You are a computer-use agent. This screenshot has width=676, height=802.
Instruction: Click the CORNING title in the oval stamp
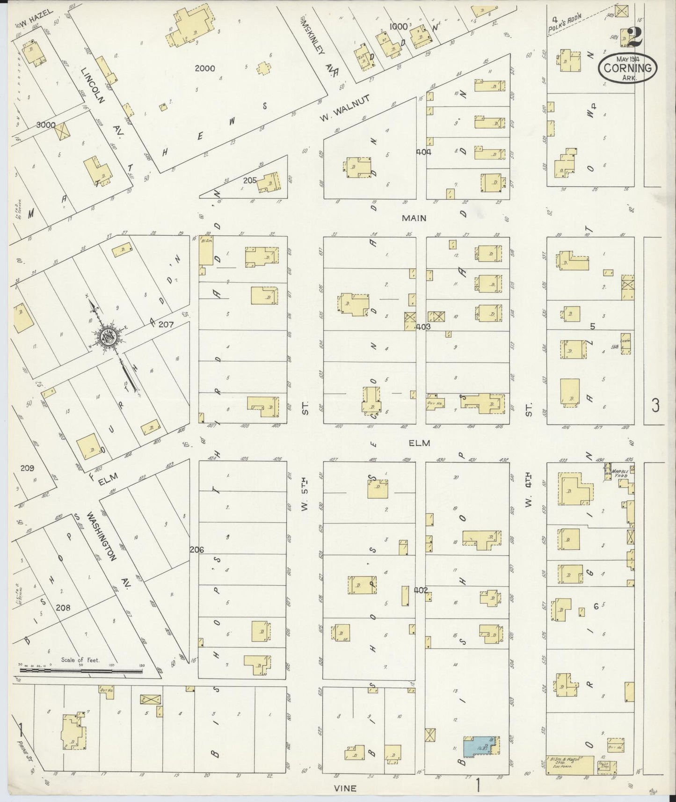coord(627,68)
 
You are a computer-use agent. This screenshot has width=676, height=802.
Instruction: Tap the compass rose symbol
coord(108,336)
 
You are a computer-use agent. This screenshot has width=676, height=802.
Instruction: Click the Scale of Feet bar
coord(80,671)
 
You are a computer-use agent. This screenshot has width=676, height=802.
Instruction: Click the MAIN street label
coord(414,218)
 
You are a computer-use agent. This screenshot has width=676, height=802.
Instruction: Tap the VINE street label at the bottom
coord(345,788)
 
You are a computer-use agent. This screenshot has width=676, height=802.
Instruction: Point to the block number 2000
coord(205,68)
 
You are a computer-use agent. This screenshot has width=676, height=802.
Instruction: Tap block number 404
coord(424,152)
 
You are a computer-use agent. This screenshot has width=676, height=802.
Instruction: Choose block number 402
coord(421,590)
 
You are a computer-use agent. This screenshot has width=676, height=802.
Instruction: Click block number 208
coord(63,607)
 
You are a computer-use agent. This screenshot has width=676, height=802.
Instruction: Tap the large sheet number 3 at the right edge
coord(655,405)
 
